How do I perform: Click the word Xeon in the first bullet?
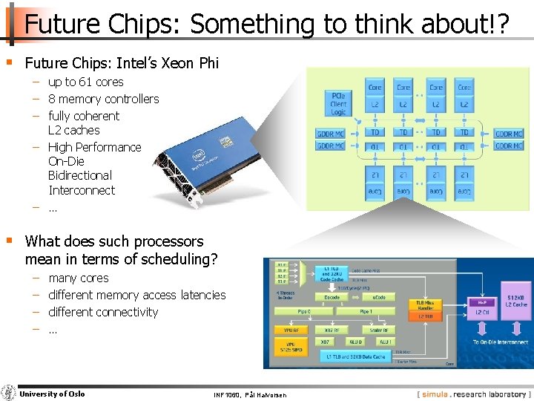tap(172, 64)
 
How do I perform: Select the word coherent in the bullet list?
tap(96, 116)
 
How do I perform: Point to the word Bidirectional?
tap(80, 176)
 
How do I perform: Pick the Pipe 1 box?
tap(366, 312)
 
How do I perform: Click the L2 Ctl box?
tap(482, 312)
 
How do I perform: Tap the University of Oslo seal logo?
tap(9, 393)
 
